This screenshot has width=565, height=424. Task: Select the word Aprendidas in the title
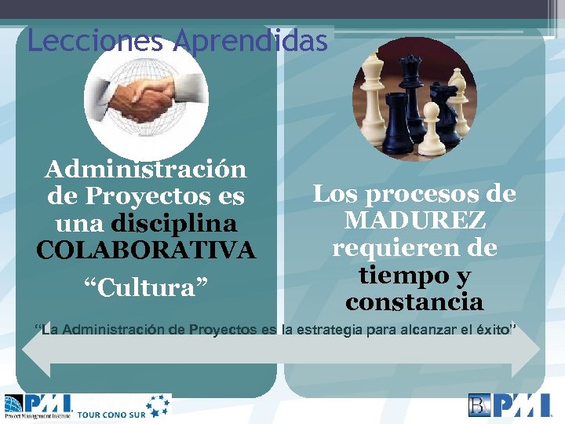coord(250,41)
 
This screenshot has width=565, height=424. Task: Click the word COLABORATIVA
coord(146,250)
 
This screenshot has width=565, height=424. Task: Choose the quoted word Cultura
coord(146,287)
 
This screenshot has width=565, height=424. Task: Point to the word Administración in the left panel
coord(146,169)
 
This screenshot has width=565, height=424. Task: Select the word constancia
coord(414,302)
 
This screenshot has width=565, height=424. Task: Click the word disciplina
coord(174,223)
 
